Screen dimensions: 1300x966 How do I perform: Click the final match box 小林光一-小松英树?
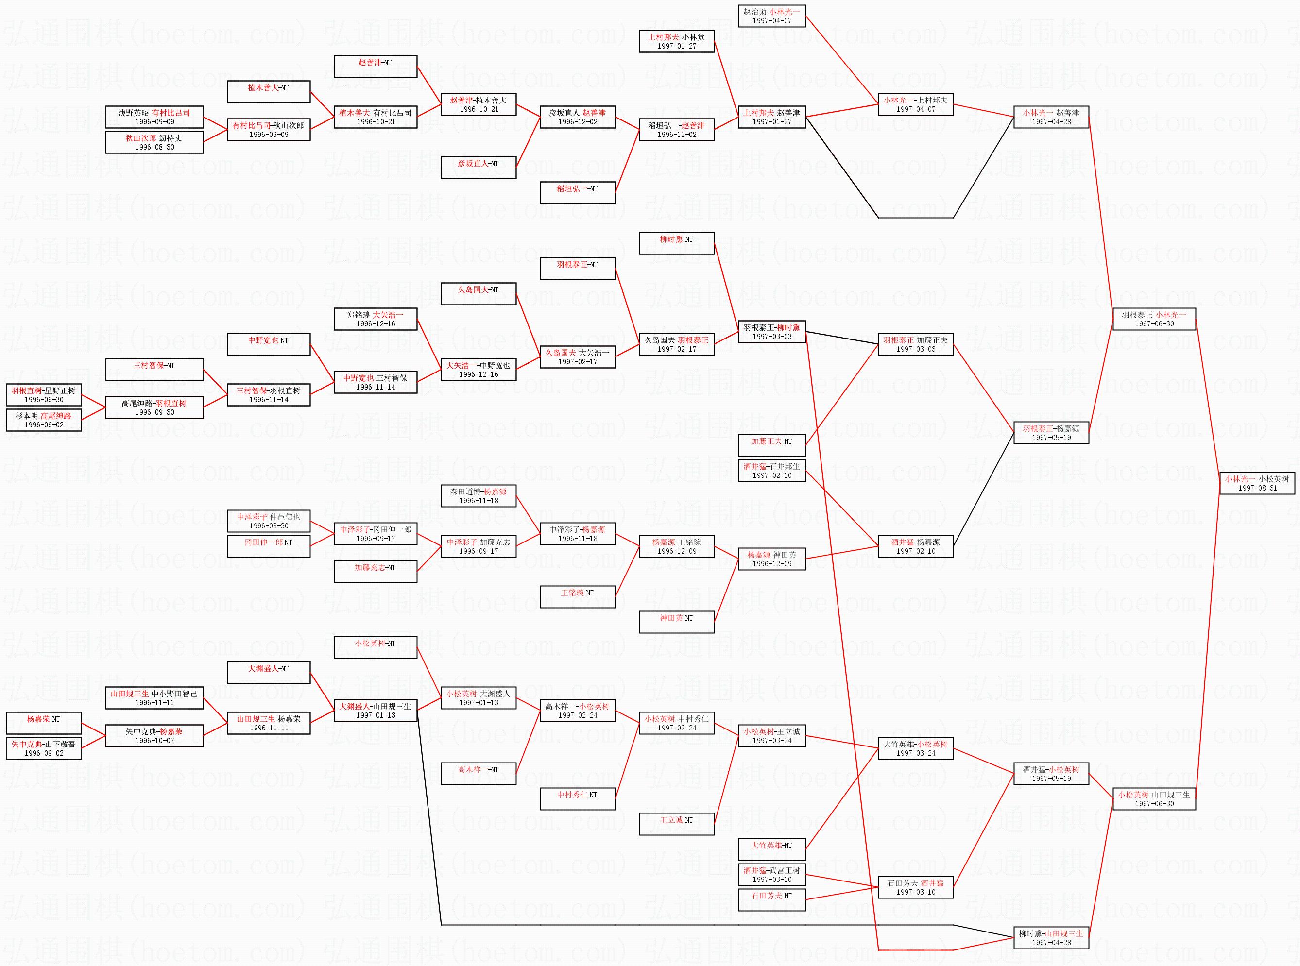pos(1257,483)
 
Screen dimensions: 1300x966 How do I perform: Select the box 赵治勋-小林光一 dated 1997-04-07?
pos(771,16)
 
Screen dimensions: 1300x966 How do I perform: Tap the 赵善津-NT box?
pos(375,66)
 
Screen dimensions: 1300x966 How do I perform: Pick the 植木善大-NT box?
pos(269,91)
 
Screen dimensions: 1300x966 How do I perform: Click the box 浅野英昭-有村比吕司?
pos(154,117)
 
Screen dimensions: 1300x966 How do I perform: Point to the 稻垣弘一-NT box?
pos(577,192)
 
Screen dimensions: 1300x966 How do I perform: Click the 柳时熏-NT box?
pos(677,243)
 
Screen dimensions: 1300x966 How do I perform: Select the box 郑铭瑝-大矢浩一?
pos(375,319)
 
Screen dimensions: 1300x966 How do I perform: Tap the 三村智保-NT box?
pos(154,369)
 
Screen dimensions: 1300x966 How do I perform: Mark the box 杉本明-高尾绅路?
pos(44,420)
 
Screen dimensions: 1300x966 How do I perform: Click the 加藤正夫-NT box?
pos(771,445)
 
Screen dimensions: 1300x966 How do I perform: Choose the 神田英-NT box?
pos(677,622)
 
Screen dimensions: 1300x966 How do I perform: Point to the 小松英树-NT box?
pos(375,647)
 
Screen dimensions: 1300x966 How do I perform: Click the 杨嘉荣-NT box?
pos(44,723)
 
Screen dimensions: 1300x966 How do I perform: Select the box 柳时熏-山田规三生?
pos(1050,937)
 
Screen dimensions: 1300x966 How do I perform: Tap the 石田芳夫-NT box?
pos(771,900)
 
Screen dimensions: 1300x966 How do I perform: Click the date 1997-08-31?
pos(1257,488)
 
